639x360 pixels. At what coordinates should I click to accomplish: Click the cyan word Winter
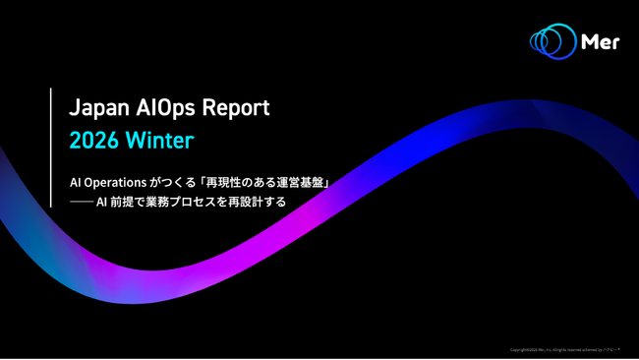click(159, 140)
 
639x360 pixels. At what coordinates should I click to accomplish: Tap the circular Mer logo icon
click(552, 41)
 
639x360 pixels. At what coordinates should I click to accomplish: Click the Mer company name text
click(601, 42)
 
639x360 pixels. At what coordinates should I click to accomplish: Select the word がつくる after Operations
click(174, 183)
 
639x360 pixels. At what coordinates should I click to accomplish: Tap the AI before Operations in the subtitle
click(76, 183)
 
